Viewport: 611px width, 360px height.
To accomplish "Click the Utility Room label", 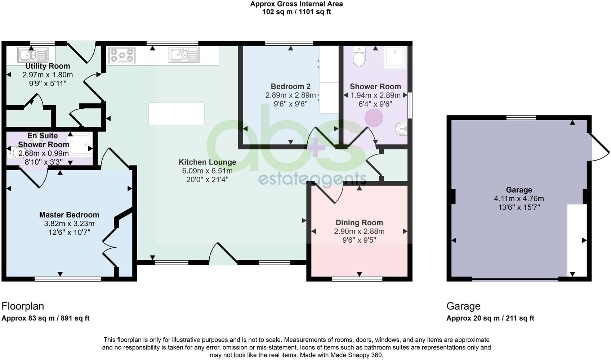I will pyautogui.click(x=48, y=66).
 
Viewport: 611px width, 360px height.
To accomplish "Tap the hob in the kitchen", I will pyautogui.click(x=122, y=56).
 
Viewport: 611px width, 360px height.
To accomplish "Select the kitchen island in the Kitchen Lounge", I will pyautogui.click(x=177, y=114).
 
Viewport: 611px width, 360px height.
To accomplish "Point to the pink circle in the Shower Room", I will pyautogui.click(x=374, y=118).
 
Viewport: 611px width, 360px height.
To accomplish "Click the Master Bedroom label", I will pyautogui.click(x=69, y=215).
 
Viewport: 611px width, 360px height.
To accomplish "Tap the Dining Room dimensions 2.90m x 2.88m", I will pyautogui.click(x=359, y=231).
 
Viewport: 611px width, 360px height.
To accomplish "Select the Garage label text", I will pyautogui.click(x=519, y=190).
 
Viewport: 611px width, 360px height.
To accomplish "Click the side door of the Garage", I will pyautogui.click(x=599, y=148).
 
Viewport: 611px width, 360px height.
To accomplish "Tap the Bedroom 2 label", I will pyautogui.click(x=290, y=87).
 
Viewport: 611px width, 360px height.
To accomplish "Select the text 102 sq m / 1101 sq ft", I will pyautogui.click(x=296, y=12).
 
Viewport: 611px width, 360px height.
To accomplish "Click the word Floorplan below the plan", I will pyautogui.click(x=23, y=306).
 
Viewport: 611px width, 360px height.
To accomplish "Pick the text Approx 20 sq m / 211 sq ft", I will pyautogui.click(x=490, y=318).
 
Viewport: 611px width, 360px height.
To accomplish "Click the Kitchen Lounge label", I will pyautogui.click(x=208, y=162).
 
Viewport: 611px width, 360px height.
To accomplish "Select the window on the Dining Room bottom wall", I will pyautogui.click(x=357, y=279).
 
